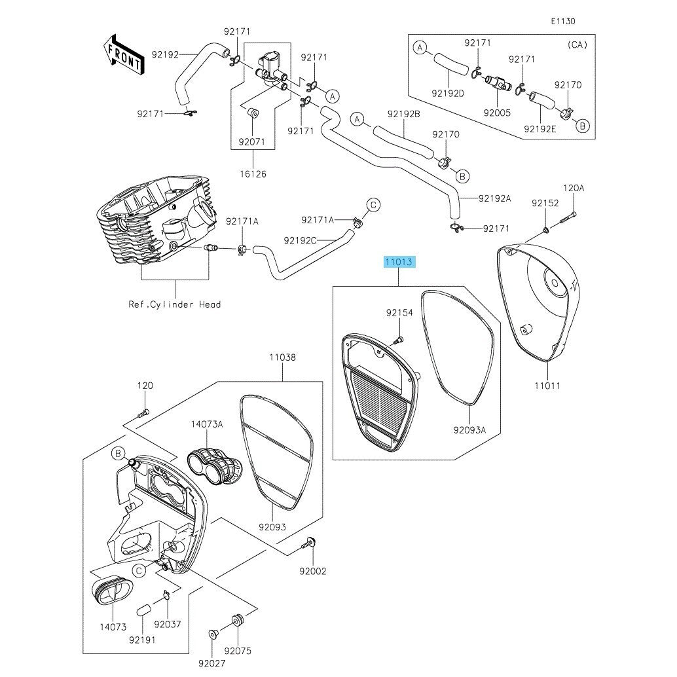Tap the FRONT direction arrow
coord(122,54)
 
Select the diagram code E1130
coord(562,22)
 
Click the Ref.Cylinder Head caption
coord(175,304)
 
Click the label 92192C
coord(300,240)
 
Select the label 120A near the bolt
coord(573,188)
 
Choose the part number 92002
coord(313,571)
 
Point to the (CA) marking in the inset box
coord(576,45)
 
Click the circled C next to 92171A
coord(373,205)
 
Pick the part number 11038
coord(282,358)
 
